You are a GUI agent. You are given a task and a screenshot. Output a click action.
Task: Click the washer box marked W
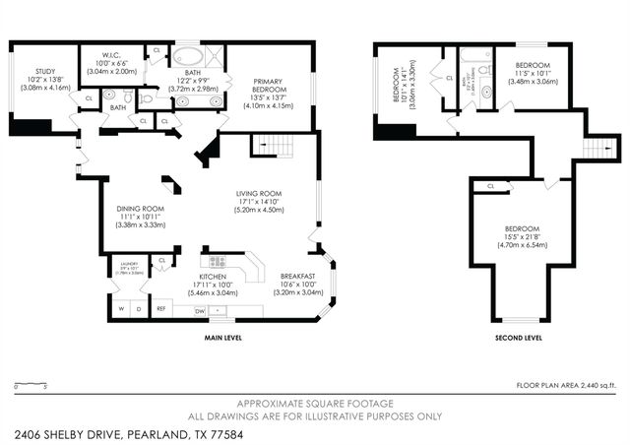coord(121,309)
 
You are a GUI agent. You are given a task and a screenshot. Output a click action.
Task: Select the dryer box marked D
coord(139,309)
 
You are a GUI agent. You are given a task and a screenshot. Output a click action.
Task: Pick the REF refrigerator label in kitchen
coord(161,309)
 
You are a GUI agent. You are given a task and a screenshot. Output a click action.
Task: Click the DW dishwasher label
coord(200,309)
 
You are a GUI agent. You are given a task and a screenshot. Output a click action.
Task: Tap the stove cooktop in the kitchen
coord(217,262)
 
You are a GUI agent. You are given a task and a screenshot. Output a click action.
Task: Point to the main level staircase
coord(271,148)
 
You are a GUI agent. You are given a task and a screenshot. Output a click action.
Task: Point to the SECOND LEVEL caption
coord(518,338)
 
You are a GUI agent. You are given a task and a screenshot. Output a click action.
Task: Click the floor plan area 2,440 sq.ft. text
coord(566,385)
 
